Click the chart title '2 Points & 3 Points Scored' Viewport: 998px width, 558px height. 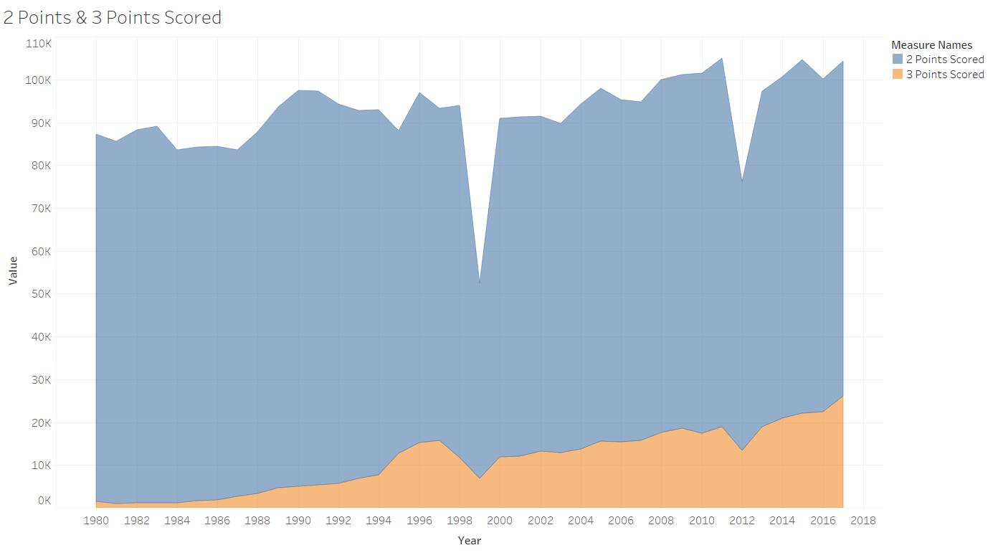click(x=113, y=18)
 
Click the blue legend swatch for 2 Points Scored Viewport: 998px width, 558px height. click(x=898, y=59)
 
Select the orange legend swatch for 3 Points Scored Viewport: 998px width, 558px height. click(x=898, y=74)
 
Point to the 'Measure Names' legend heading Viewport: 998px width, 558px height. click(x=932, y=44)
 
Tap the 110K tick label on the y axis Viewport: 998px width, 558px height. click(x=39, y=44)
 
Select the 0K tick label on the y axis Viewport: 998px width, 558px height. click(x=44, y=500)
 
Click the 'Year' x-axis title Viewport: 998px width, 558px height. click(x=470, y=540)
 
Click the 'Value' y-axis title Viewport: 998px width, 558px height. click(x=13, y=271)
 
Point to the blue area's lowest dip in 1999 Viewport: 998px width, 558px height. click(x=480, y=283)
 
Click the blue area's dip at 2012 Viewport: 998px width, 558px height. click(x=742, y=182)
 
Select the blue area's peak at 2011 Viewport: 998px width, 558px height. click(x=721, y=58)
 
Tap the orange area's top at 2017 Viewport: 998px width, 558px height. click(x=842, y=397)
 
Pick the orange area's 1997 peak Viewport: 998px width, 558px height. click(x=439, y=440)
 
